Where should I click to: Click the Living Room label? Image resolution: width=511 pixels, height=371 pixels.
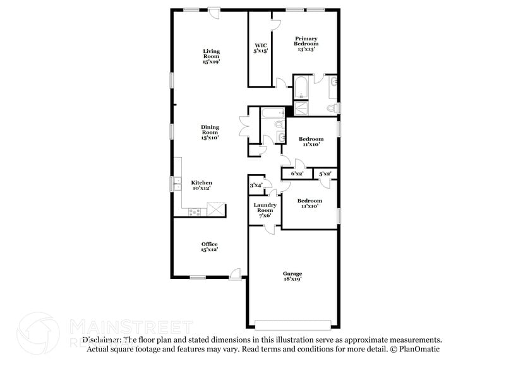[x=211, y=57]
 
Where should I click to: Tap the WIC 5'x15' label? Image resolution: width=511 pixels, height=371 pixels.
[x=262, y=48]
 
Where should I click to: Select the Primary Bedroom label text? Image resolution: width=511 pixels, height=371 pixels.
[x=306, y=44]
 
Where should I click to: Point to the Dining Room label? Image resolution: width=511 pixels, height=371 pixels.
[x=210, y=132]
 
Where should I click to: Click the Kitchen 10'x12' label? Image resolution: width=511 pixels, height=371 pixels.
[x=201, y=185]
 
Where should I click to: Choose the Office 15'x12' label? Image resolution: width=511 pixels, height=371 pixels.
[x=210, y=247]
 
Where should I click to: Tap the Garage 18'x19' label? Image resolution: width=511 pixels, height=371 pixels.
[x=291, y=276]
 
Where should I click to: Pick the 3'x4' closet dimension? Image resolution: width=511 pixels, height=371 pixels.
[x=256, y=185]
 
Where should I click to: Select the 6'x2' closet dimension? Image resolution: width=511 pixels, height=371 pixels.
[x=297, y=173]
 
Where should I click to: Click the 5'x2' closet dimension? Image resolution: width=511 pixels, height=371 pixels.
[x=325, y=173]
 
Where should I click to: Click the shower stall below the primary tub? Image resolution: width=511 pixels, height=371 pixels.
[x=302, y=108]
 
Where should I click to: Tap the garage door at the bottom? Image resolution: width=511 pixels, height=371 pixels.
[x=293, y=324]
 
